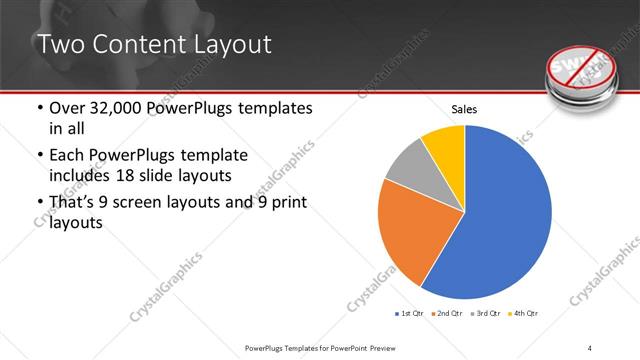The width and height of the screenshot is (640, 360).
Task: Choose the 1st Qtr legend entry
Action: pyautogui.click(x=409, y=314)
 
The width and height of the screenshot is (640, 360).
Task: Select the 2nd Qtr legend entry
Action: pyautogui.click(x=447, y=314)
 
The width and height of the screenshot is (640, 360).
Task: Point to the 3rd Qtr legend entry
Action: pyautogui.click(x=486, y=314)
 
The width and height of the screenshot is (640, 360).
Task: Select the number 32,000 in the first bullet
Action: pyautogui.click(x=116, y=108)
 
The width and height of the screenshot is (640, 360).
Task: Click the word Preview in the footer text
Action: pyautogui.click(x=394, y=347)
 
